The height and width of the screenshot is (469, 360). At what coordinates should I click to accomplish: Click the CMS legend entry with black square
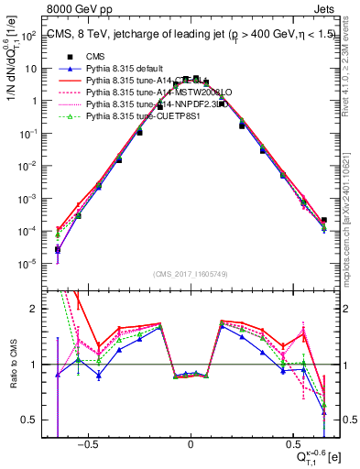tap(96, 57)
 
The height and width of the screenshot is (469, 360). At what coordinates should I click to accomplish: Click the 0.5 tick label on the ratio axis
tap(29, 420)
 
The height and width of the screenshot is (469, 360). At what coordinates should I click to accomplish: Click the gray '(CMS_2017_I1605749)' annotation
tap(191, 274)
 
